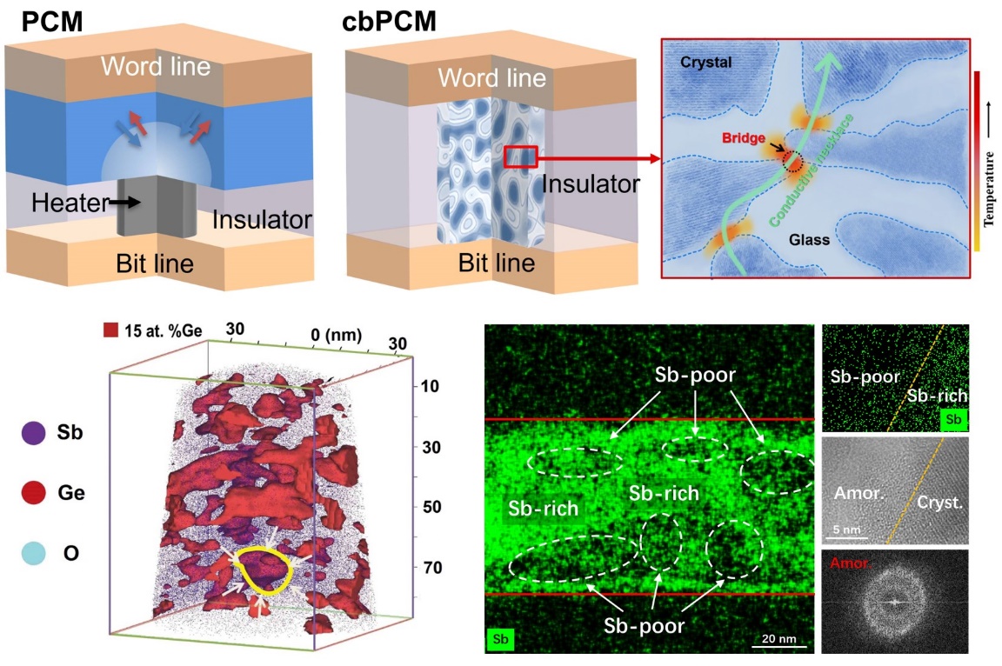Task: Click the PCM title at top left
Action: click(43, 20)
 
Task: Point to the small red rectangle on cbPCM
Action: click(521, 157)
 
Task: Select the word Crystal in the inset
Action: click(706, 63)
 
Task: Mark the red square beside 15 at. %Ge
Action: click(110, 330)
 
